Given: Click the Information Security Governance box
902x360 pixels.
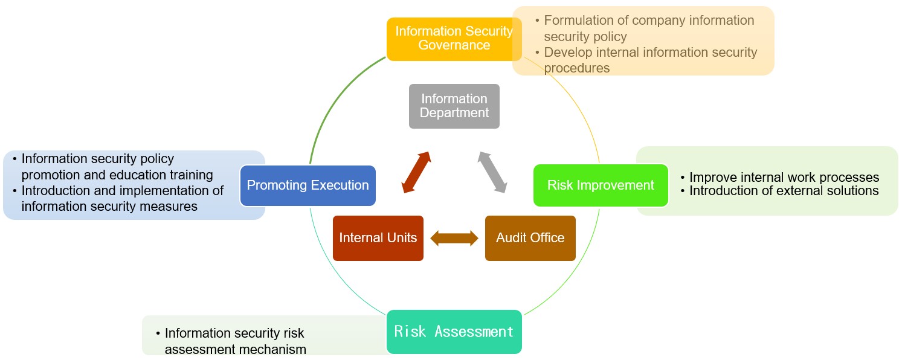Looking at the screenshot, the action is pyautogui.click(x=454, y=39).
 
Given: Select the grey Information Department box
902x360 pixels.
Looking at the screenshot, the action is pyautogui.click(x=454, y=106).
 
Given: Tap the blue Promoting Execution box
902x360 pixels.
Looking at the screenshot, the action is pyautogui.click(x=308, y=185).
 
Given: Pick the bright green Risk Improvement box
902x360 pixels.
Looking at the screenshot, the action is pyautogui.click(x=601, y=185).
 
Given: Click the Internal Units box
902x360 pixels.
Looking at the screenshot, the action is pyautogui.click(x=378, y=238).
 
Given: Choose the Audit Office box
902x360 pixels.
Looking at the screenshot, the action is pyautogui.click(x=530, y=238).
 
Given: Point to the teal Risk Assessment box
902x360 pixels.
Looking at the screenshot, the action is pyautogui.click(x=454, y=332).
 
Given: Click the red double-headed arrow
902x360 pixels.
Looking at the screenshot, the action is pyautogui.click(x=416, y=172).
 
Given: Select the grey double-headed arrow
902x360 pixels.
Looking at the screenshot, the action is pyautogui.click(x=492, y=172).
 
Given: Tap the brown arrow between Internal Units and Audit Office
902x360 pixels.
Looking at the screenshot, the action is pyautogui.click(x=454, y=239).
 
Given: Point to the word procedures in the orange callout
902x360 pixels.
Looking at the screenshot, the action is pyautogui.click(x=576, y=68).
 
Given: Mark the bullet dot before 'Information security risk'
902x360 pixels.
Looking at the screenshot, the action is pyautogui.click(x=158, y=333).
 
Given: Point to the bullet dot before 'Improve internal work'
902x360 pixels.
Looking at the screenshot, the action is pyautogui.click(x=683, y=177).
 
